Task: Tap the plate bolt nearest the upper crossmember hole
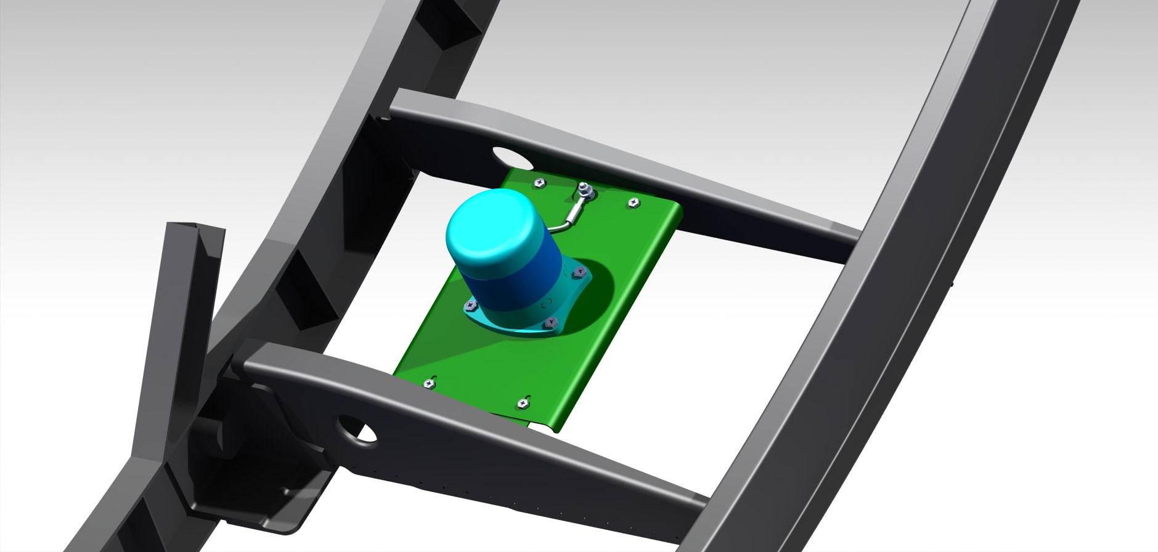tap(539, 182)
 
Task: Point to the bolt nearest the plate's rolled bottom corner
tap(523, 404)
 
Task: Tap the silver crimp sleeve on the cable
tap(574, 215)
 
